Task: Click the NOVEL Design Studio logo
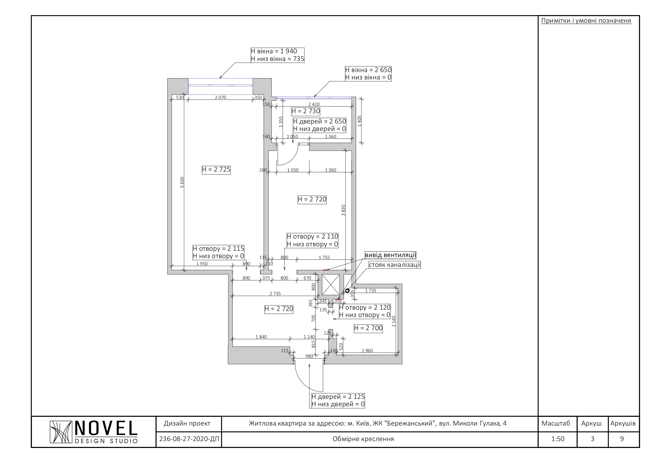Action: coord(93,432)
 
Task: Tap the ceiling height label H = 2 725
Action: coord(216,170)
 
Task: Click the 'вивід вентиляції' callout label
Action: coord(390,255)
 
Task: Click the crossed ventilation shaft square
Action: coord(331,284)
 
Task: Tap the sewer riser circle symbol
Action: coord(347,291)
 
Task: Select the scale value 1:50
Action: coord(558,439)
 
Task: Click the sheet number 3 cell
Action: coord(592,439)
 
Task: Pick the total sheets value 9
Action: coord(622,439)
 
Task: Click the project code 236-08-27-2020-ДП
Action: coord(189,439)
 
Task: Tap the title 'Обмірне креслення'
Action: coord(363,439)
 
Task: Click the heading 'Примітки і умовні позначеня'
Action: coord(586,21)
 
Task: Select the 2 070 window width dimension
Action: coord(220,98)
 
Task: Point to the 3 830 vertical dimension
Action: coord(343,210)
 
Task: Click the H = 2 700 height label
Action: coord(368,328)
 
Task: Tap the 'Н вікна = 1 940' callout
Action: coord(274,51)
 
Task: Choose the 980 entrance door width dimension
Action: coord(309,356)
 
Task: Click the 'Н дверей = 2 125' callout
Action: coord(338,397)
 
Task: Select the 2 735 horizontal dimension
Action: coord(275,294)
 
